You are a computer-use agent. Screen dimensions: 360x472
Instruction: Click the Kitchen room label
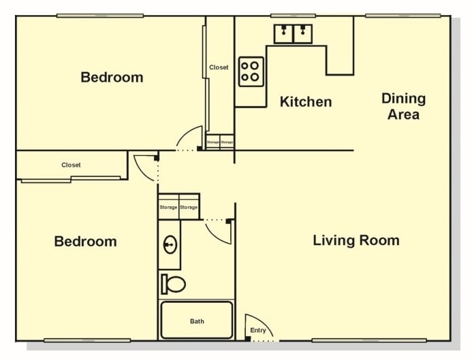306,102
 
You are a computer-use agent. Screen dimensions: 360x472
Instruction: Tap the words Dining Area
403,106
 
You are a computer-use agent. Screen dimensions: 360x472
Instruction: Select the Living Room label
356,240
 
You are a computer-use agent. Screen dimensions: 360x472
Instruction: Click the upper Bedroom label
112,77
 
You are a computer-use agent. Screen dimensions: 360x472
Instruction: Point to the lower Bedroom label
85,242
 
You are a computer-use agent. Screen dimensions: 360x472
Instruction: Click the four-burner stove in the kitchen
251,71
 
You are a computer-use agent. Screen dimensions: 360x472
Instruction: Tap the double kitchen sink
293,33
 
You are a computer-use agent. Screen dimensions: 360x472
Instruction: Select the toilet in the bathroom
174,284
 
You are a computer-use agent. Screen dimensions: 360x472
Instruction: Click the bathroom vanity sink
170,245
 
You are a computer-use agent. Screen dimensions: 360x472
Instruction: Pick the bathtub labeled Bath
197,321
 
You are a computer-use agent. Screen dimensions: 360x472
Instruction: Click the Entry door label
258,331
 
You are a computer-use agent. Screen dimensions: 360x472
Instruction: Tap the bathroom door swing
219,231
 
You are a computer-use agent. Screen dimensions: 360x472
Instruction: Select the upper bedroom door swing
188,138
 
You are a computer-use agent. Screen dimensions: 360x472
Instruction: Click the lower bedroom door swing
145,167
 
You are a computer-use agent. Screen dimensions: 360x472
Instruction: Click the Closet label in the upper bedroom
219,67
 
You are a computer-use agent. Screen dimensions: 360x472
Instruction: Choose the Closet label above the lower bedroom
71,165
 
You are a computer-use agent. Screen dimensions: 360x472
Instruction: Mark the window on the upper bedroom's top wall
100,16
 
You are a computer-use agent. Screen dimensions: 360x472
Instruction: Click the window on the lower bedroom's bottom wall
87,340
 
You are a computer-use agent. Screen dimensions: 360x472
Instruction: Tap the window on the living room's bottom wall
368,340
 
